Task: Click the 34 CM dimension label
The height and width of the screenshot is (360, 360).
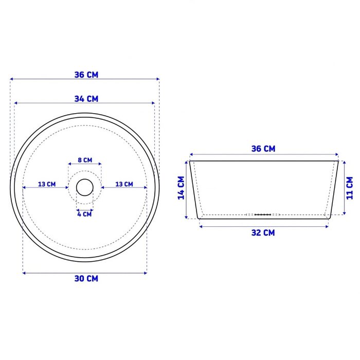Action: pos(86,99)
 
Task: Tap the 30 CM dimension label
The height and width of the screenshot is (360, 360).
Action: pos(86,279)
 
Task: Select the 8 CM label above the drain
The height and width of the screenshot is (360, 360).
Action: pos(85,160)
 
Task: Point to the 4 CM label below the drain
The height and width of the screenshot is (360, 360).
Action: pos(84,214)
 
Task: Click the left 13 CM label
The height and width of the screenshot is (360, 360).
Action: pos(47,184)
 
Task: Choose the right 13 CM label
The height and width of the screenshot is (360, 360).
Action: pos(124,184)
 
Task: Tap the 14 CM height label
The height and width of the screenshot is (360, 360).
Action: pos(182,188)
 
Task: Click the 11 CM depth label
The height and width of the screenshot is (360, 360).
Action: pos(349,188)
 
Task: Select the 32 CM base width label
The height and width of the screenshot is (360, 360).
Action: pos(263,233)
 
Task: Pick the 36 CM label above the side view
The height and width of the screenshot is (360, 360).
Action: pos(263,149)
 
